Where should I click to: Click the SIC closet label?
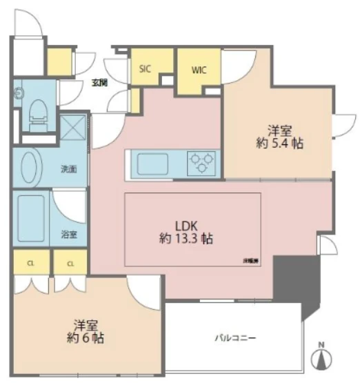point(145,68)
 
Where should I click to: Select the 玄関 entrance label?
point(99,83)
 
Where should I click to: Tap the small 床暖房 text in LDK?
point(250,260)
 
